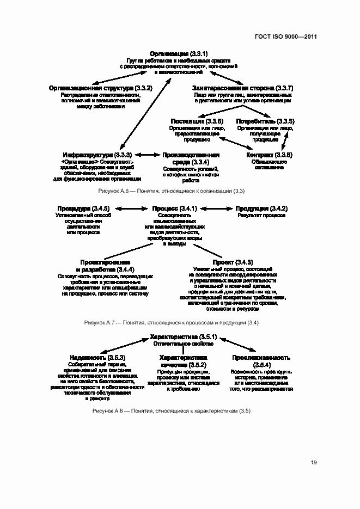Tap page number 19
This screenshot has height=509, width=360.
[x=314, y=463]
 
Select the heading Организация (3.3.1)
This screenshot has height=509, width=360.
[x=177, y=53]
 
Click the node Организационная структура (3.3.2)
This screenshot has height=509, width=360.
[x=100, y=88]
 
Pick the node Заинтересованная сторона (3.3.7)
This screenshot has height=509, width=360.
[x=243, y=88]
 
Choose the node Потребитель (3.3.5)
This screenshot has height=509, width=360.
[x=265, y=121]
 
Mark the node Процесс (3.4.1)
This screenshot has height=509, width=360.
[x=174, y=208]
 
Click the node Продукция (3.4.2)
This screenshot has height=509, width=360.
[x=261, y=208]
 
